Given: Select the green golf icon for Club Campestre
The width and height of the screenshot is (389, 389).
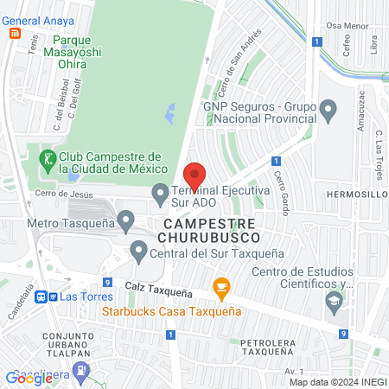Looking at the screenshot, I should [48, 159].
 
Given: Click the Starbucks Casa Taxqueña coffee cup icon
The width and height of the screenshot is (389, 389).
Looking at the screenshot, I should [221, 286].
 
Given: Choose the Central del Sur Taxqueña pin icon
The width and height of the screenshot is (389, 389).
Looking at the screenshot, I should [138, 252].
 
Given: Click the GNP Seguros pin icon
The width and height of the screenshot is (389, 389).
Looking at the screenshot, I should [328, 110].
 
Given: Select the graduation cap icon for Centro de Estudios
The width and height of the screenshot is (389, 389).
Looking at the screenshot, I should [333, 300].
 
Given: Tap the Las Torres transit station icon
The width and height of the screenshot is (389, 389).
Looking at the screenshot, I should [42, 297].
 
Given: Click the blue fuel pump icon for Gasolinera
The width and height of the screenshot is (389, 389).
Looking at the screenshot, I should [80, 371].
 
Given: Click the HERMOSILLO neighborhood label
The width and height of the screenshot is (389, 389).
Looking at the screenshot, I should [356, 195].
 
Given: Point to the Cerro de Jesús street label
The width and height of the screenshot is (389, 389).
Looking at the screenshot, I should [62, 195].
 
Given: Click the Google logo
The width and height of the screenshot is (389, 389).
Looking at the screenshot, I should [29, 379].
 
